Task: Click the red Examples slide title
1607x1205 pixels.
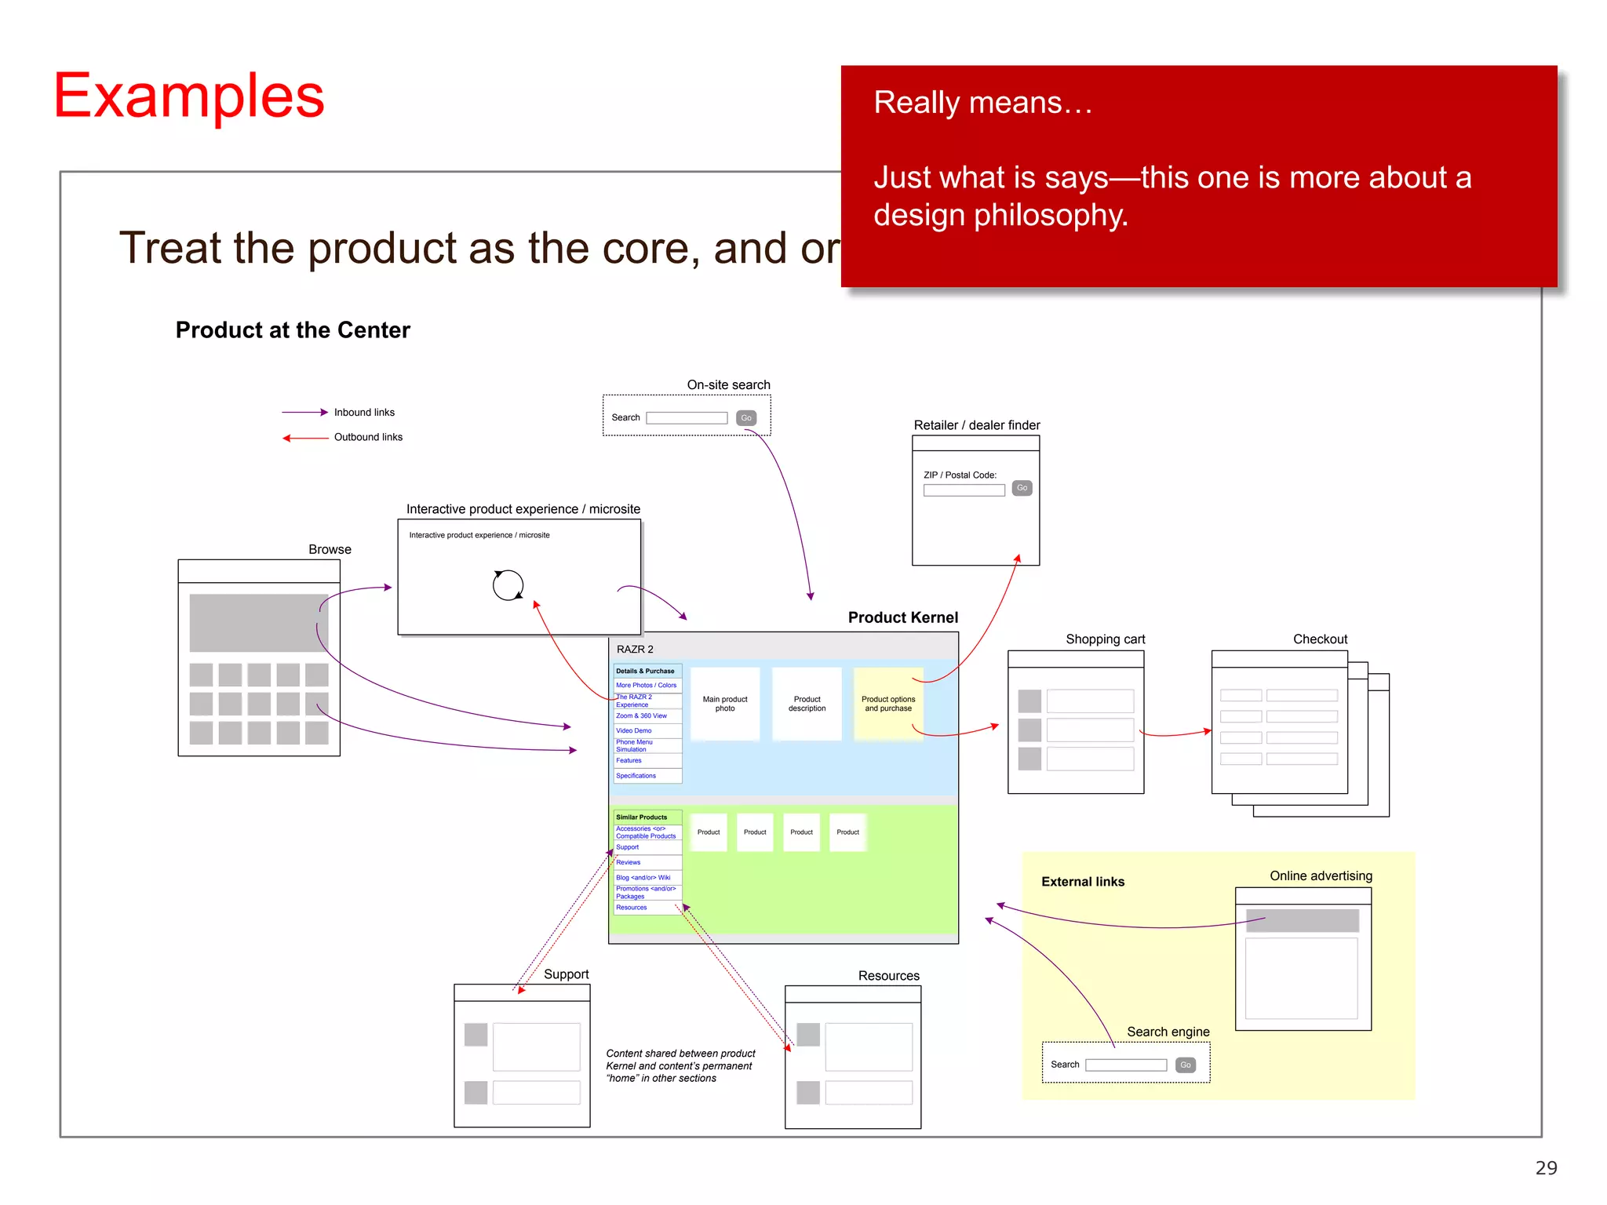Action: click(188, 96)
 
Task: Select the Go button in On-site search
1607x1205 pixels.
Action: click(745, 418)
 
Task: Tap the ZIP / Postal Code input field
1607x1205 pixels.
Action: click(964, 490)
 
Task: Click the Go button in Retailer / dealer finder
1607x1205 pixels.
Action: click(1022, 488)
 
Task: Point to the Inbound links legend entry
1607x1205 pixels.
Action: click(363, 413)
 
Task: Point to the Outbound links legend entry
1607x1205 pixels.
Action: click(367, 437)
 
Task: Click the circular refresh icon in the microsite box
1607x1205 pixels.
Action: click(508, 584)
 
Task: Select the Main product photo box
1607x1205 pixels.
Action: click(725, 704)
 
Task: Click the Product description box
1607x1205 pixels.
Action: click(807, 704)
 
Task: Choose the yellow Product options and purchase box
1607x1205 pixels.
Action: click(888, 704)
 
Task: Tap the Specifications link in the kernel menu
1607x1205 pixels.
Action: click(636, 776)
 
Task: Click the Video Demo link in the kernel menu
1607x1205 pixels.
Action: click(633, 730)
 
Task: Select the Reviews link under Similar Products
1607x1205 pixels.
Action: click(628, 862)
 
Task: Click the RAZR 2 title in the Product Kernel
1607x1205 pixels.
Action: click(635, 650)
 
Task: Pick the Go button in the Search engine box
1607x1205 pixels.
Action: click(1185, 1065)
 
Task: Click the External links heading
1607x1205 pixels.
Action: click(1082, 882)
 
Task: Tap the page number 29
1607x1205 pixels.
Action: click(1545, 1168)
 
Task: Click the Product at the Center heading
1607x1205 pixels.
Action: click(293, 330)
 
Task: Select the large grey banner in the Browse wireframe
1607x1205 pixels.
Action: click(258, 623)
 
